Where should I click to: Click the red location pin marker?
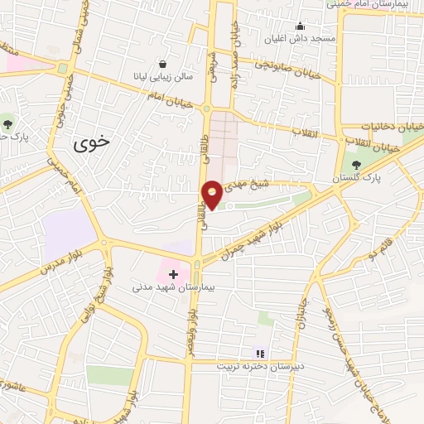212,193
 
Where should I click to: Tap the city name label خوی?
91,143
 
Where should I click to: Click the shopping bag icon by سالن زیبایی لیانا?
161,64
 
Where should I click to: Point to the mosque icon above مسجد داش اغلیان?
300,26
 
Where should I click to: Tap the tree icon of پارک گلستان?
357,165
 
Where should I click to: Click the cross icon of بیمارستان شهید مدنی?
173,273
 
